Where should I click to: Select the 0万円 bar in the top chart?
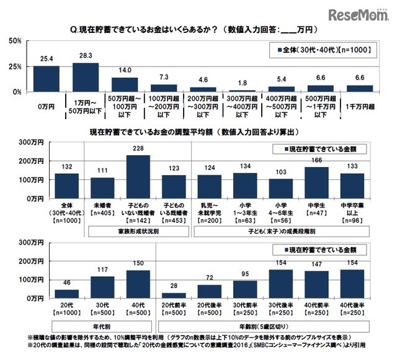coord(47,79)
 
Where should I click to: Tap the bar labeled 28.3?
coord(86,78)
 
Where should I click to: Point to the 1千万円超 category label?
coord(357,106)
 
